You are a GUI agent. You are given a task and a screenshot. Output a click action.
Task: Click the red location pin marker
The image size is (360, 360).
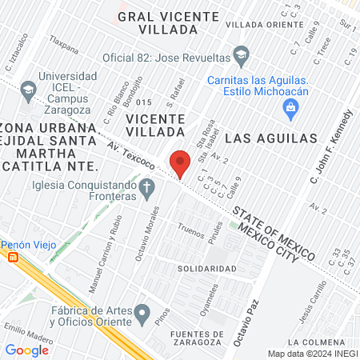(x=181, y=164)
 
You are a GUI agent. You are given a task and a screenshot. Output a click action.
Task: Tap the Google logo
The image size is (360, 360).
(x=27, y=350)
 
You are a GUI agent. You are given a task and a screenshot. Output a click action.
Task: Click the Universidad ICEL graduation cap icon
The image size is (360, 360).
(x=28, y=88)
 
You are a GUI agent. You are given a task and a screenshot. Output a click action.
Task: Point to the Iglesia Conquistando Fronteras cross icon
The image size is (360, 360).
(x=146, y=189)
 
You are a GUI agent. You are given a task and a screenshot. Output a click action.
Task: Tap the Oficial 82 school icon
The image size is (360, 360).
(x=240, y=55)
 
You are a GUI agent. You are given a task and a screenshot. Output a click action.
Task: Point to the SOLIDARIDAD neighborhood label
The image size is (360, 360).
(x=206, y=268)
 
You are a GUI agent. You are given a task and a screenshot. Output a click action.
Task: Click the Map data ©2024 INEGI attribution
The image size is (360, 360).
(x=312, y=354)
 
